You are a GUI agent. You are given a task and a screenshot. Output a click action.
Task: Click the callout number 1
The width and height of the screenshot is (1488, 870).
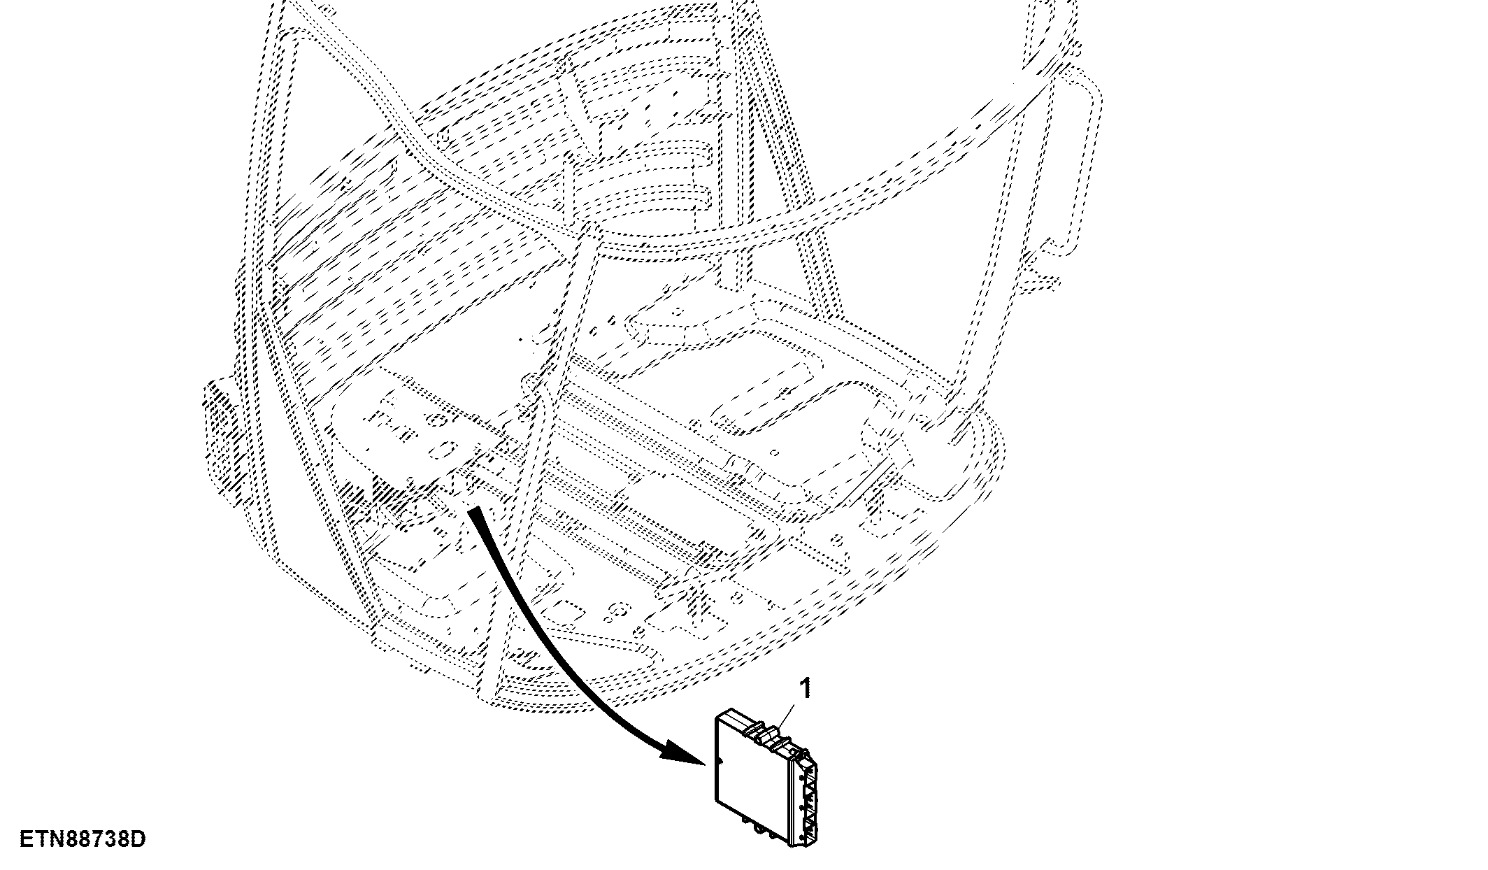pyautogui.click(x=806, y=689)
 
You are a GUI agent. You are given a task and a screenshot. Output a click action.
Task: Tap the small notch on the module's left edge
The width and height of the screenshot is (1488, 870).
pyautogui.click(x=716, y=760)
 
